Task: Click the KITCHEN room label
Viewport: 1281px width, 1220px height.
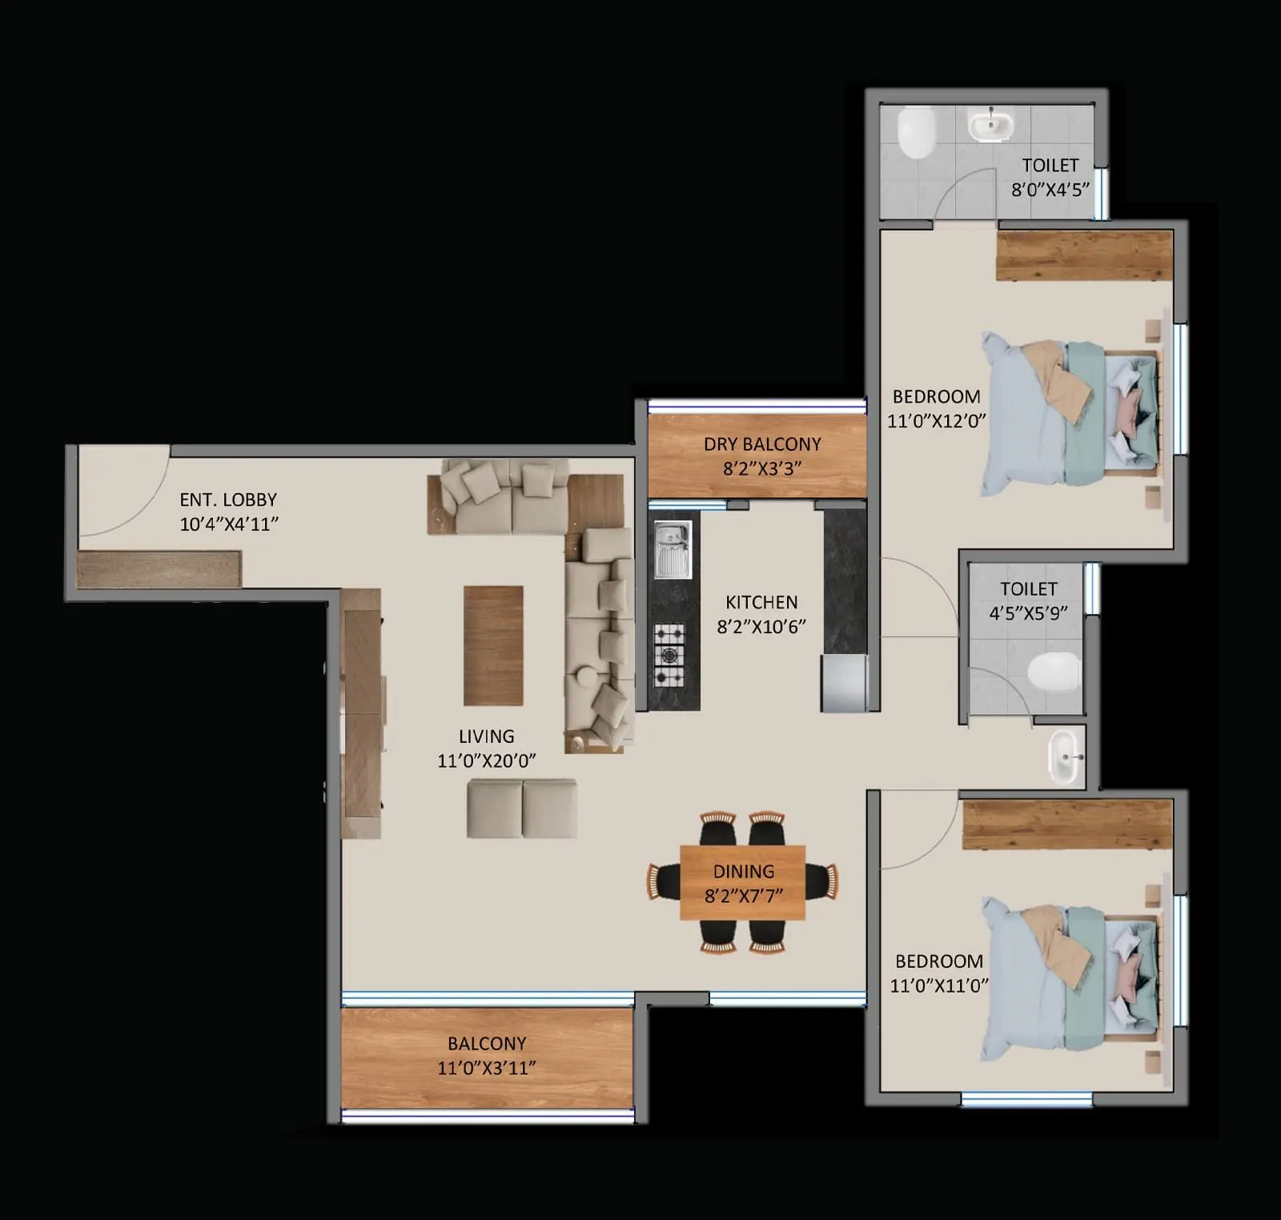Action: click(761, 602)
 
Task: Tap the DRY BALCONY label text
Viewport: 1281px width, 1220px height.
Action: click(761, 444)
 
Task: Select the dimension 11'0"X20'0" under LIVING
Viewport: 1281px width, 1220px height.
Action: click(486, 760)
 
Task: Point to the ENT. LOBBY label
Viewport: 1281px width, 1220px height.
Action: click(228, 500)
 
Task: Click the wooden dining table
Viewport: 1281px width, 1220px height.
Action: click(743, 882)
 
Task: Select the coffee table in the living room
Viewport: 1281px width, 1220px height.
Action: click(493, 645)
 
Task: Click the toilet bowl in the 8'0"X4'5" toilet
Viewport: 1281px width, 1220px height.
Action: click(916, 133)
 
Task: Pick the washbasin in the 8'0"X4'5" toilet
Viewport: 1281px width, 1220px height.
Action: click(991, 126)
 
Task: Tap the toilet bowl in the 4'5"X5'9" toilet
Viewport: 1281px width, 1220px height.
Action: click(1054, 671)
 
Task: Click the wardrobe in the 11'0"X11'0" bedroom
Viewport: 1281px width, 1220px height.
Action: click(1066, 824)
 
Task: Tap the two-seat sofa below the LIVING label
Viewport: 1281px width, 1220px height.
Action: click(522, 809)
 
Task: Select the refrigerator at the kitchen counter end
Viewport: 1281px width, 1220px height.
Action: click(844, 683)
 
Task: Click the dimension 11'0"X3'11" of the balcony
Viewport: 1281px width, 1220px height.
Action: click(486, 1068)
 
